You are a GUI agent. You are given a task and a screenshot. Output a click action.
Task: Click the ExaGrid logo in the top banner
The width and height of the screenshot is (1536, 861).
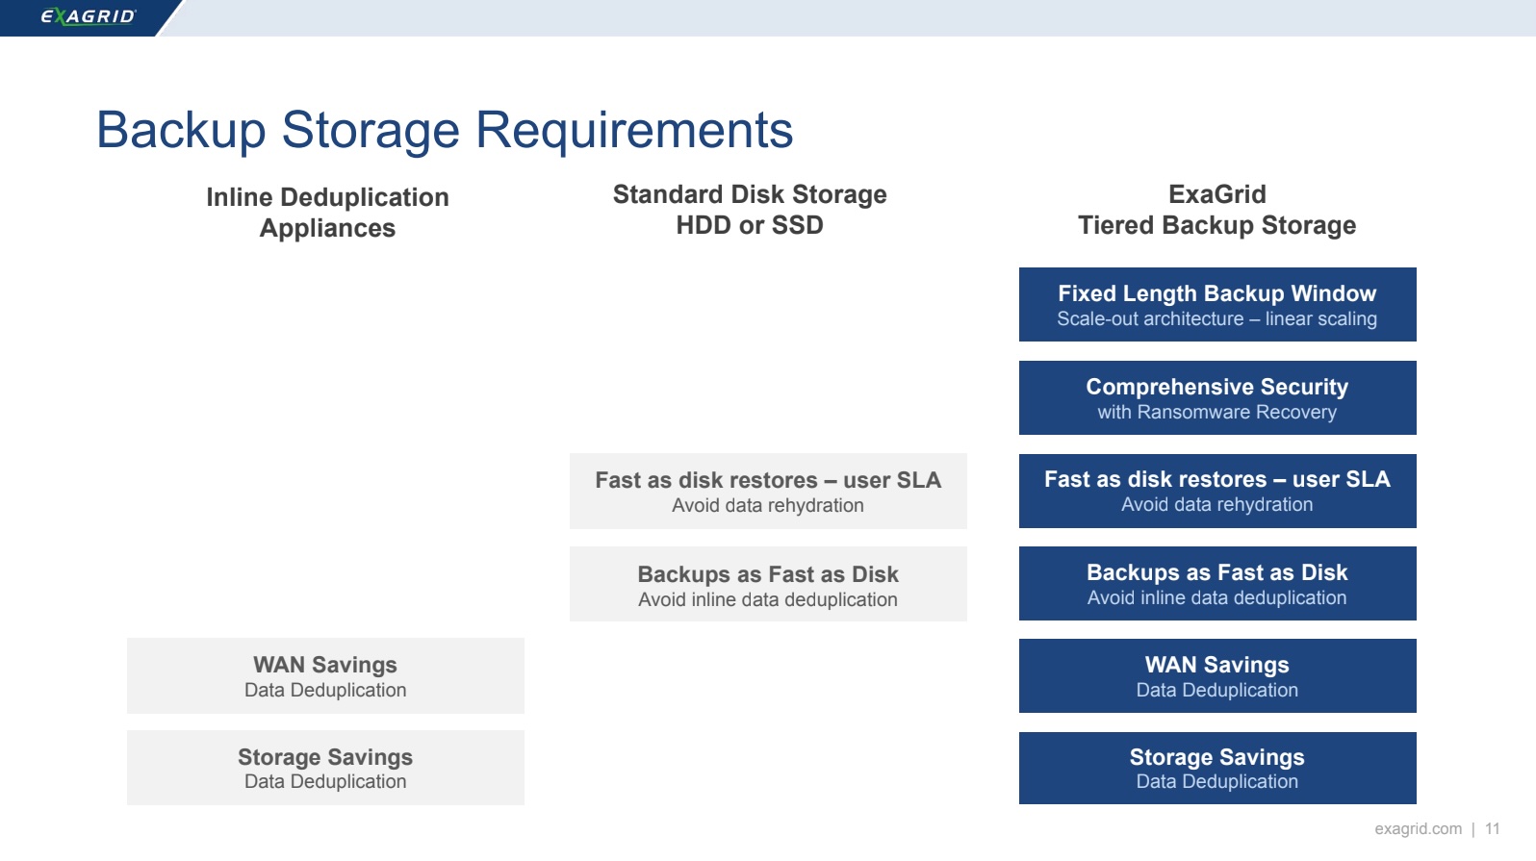point(89,16)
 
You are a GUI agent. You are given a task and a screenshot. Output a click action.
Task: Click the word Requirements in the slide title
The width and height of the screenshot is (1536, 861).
point(634,130)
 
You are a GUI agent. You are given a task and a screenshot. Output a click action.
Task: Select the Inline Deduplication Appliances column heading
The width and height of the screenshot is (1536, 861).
point(328,213)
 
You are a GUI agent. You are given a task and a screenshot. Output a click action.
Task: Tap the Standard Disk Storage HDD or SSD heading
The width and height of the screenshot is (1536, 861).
point(750,210)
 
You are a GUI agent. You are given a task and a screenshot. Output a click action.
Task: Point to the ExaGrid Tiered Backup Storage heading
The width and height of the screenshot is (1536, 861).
point(1217,210)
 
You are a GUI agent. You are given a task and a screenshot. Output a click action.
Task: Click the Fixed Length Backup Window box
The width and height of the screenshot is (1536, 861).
point(1217,304)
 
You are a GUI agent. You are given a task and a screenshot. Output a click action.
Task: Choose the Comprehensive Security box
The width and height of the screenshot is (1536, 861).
point(1217,397)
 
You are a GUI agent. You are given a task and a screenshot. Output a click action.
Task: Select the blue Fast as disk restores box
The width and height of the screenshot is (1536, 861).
point(1217,491)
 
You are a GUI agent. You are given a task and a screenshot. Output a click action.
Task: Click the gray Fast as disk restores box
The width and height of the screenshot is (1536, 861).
point(768,491)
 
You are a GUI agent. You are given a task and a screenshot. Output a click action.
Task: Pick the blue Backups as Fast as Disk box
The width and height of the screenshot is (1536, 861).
point(1217,583)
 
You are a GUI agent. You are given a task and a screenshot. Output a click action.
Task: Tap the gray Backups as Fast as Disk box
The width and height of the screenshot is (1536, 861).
point(768,584)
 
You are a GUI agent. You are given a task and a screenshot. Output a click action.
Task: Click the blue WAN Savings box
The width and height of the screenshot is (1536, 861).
point(1217,676)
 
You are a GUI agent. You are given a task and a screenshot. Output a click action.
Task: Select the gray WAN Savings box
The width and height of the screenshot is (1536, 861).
point(325,676)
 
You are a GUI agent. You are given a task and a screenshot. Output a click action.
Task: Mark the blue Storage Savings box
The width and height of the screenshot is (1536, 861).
point(1217,768)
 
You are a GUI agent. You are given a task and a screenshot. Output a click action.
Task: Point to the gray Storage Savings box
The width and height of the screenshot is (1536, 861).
point(325,768)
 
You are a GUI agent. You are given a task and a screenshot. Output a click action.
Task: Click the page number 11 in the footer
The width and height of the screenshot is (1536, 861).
point(1492,829)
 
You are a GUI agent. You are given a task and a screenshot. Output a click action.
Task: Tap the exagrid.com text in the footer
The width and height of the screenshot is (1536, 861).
point(1418,829)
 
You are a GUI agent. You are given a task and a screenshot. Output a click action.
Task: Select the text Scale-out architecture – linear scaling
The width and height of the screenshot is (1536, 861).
point(1217,318)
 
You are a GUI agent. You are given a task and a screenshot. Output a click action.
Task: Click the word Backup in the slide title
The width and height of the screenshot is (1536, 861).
point(181,130)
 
